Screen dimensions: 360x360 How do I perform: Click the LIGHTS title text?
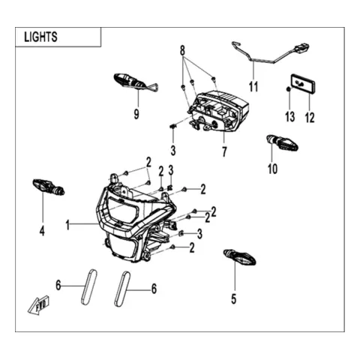tap(40, 37)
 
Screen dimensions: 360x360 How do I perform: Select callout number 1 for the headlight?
tap(67, 225)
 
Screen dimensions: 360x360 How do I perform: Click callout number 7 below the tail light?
tap(224, 151)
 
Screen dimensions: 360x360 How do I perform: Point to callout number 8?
tap(182, 51)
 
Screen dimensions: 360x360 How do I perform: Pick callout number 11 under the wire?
tap(253, 87)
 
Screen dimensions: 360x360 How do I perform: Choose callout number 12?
tap(310, 118)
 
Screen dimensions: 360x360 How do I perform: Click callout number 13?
tap(290, 117)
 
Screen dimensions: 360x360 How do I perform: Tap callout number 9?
tap(136, 114)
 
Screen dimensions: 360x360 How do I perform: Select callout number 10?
tap(272, 169)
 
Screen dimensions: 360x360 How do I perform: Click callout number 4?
tap(42, 230)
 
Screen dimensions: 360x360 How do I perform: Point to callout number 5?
tap(233, 299)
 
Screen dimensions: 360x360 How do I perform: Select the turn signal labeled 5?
tap(239, 257)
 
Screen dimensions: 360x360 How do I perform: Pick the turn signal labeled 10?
tap(283, 142)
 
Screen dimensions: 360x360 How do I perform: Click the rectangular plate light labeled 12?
tap(303, 84)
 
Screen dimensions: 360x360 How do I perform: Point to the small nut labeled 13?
tap(288, 89)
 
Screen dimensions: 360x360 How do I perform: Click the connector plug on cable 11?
tap(301, 47)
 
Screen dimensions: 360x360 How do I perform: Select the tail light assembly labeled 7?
tap(217, 111)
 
